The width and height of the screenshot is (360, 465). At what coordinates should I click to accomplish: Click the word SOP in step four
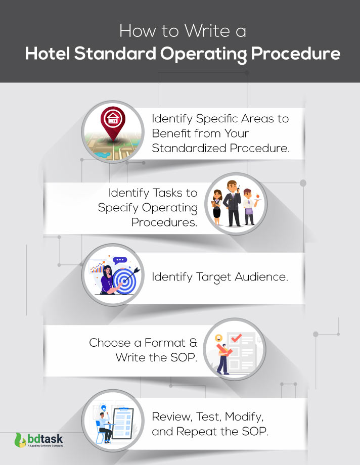point(181,357)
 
